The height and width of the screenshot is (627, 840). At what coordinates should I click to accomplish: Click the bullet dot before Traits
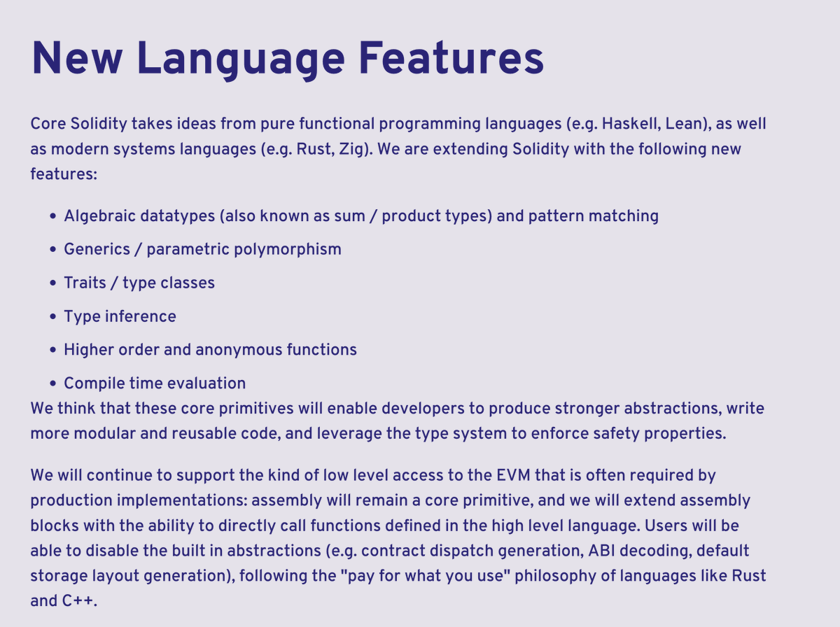click(x=53, y=283)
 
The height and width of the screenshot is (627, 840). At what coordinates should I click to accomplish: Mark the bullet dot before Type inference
click(x=53, y=317)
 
